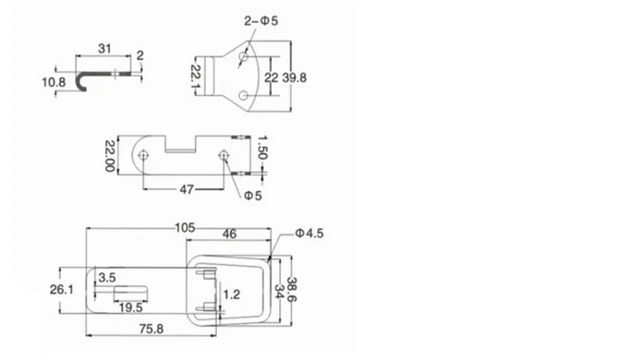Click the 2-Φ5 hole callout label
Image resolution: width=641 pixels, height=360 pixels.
tap(261, 21)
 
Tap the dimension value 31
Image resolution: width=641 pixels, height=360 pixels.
tap(104, 49)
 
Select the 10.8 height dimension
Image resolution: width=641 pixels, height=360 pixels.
tap(54, 82)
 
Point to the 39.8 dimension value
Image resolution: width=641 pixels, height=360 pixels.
tap(295, 78)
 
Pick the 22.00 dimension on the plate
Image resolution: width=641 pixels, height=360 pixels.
tap(110, 156)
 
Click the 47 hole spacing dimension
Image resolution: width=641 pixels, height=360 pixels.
tap(187, 189)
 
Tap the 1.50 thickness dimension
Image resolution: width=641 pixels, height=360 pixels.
tap(262, 148)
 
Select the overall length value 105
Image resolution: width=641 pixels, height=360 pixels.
tap(185, 228)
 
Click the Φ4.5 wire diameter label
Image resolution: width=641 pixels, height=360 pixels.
tap(309, 234)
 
